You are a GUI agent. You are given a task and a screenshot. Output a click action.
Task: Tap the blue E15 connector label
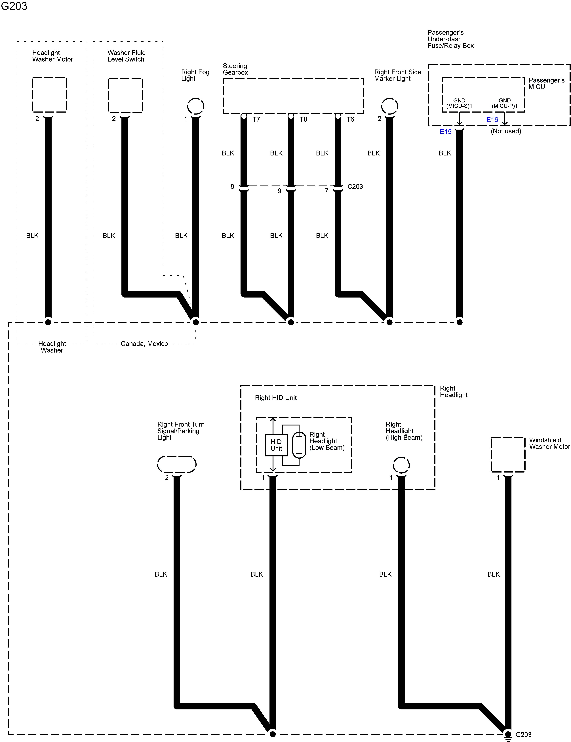coord(445,132)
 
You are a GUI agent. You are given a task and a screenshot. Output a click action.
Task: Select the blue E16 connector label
coord(492,120)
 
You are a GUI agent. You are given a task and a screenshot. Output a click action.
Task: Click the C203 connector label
coord(355,187)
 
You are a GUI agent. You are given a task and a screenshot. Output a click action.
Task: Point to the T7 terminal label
coord(256,119)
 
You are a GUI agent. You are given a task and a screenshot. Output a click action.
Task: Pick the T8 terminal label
coord(303,119)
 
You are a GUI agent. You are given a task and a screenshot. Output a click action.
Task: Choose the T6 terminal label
coord(350,119)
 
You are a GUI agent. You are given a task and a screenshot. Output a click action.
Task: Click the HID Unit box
coord(276,445)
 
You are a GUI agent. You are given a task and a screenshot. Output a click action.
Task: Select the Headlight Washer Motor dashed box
coord(49,95)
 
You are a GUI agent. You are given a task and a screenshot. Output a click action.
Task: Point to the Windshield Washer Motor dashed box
coord(508,455)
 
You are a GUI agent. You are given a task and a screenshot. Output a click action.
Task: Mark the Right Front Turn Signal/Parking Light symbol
coord(177,464)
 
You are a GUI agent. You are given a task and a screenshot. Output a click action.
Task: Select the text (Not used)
coord(506,131)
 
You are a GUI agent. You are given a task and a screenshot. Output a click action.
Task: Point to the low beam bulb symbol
coord(299,445)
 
